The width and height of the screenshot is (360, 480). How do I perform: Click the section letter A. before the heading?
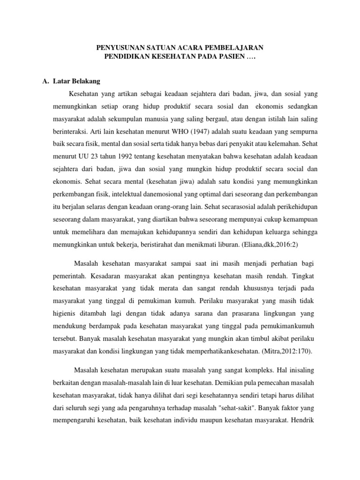pos(46,81)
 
